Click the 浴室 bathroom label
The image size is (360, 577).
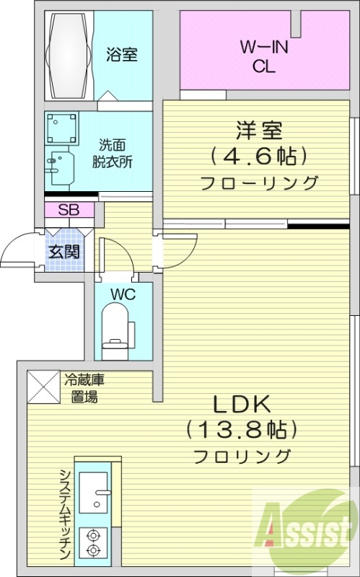pos(122,54)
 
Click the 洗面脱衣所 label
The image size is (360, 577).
pos(111,153)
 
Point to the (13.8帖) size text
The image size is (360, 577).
pos(242,431)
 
